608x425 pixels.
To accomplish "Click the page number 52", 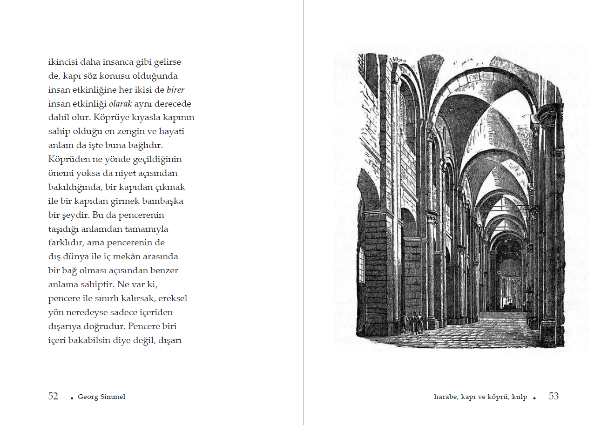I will [x=53, y=397].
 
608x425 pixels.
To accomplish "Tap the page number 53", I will [x=554, y=397].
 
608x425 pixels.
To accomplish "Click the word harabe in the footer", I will [x=446, y=397].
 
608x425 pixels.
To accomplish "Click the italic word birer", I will [x=176, y=90].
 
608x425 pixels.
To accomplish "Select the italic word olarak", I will [x=120, y=104].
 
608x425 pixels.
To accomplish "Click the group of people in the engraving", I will [x=413, y=322].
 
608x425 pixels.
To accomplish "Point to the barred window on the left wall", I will [x=361, y=265].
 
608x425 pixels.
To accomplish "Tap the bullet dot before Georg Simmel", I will [x=72, y=398].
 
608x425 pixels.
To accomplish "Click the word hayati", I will [x=175, y=132].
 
